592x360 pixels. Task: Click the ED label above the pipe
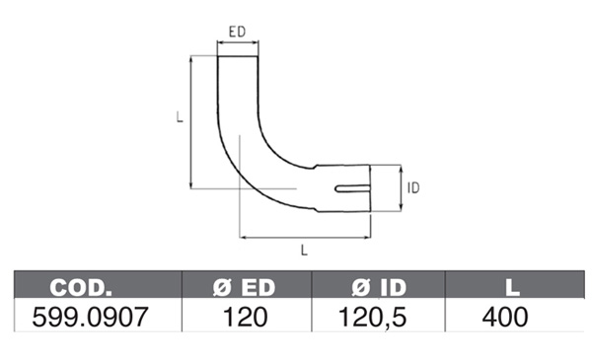237,32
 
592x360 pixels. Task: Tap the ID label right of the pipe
413,188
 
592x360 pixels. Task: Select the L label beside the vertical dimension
180,116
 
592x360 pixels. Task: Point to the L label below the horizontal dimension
304,251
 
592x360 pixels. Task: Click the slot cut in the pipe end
352,188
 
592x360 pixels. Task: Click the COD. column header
81,288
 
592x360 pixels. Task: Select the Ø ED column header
244,288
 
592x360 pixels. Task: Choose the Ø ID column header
379,288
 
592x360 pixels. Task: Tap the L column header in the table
512,288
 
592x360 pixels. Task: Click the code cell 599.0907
90,317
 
